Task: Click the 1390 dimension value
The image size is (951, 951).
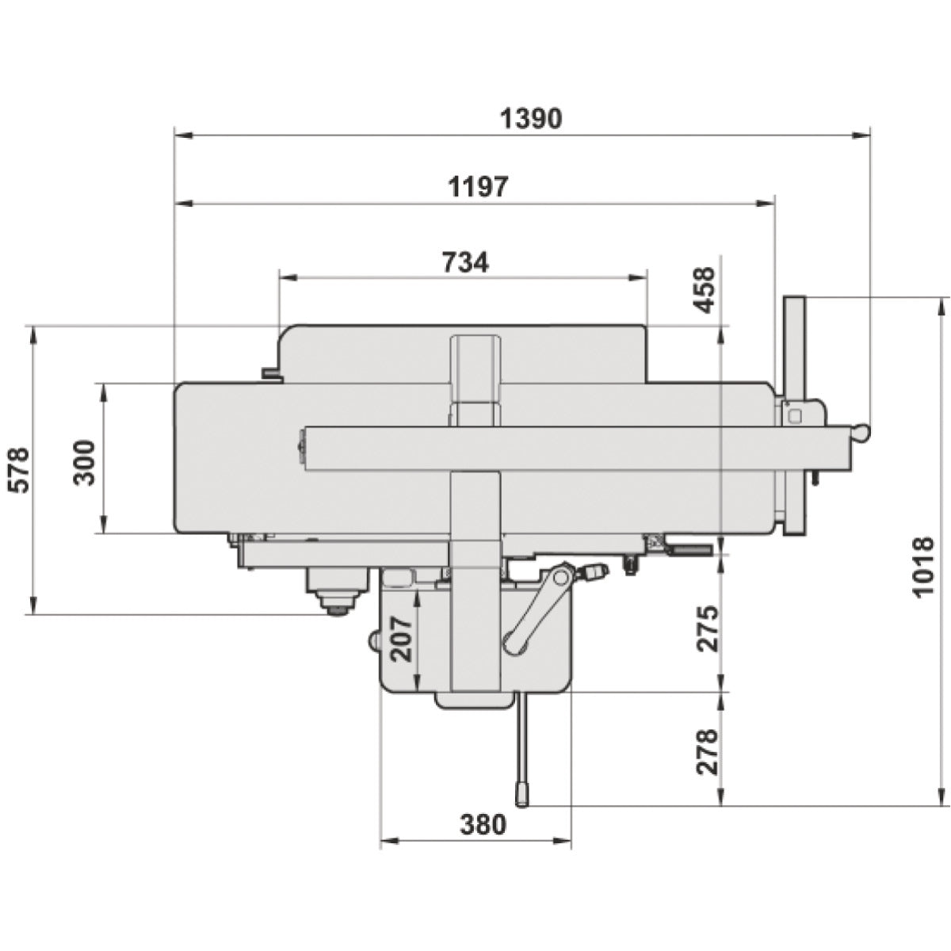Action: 531,118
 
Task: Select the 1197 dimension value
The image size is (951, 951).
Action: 478,187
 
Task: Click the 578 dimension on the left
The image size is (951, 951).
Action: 18,470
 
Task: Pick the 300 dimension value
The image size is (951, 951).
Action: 85,461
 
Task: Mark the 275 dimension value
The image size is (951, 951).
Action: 706,628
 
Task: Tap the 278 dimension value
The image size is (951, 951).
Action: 706,751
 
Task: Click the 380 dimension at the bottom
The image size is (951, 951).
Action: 482,824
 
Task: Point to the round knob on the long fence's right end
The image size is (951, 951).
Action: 860,432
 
